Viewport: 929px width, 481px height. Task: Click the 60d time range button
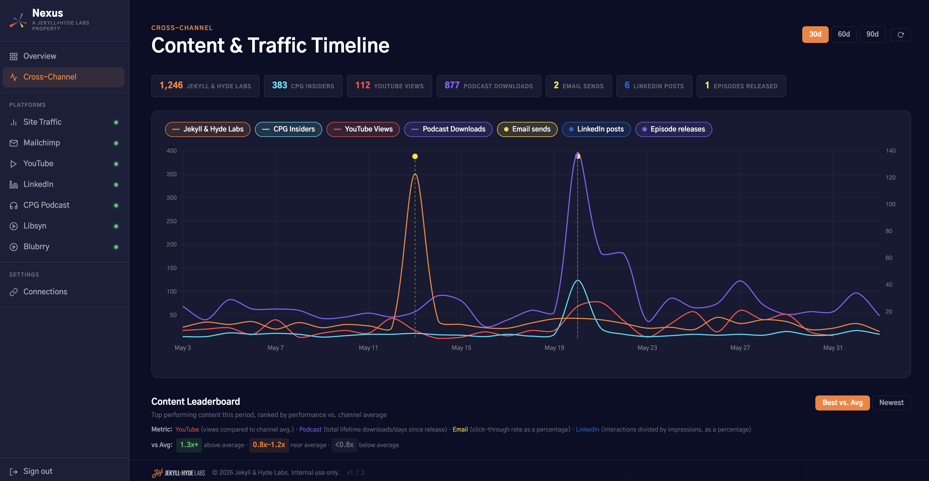(x=843, y=34)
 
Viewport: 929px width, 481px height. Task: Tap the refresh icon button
(x=901, y=35)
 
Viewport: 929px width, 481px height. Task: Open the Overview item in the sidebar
(x=40, y=56)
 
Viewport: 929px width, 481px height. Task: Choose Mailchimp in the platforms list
(x=42, y=143)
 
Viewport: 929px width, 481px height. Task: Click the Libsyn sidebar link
(x=35, y=226)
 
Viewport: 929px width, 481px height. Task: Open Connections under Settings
(x=45, y=292)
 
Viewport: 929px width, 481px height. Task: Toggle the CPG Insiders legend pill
(x=288, y=129)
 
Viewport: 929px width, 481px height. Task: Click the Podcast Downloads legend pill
(x=448, y=129)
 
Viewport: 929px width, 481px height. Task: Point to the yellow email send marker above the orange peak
(x=415, y=156)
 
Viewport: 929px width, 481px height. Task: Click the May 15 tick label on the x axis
(x=461, y=347)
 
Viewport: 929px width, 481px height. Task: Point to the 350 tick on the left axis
(x=172, y=174)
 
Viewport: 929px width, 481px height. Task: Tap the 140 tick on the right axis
(x=890, y=151)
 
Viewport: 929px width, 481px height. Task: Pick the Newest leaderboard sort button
(x=891, y=403)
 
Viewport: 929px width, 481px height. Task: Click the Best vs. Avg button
(x=842, y=403)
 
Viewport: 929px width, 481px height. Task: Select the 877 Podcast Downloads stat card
(x=489, y=86)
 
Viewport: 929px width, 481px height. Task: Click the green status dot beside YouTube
(x=116, y=164)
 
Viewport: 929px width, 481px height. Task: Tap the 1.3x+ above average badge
(x=189, y=445)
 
